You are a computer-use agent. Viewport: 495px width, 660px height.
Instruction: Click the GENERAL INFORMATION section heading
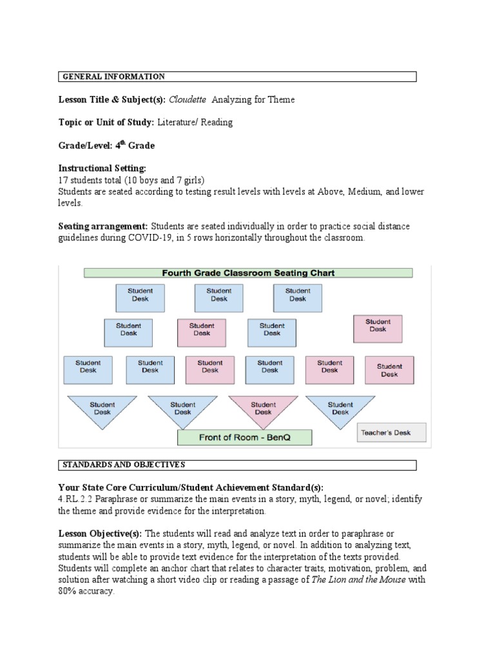[x=113, y=77]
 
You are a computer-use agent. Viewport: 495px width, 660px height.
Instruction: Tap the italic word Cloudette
[x=188, y=99]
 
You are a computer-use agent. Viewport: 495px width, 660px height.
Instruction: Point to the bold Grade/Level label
[x=106, y=145]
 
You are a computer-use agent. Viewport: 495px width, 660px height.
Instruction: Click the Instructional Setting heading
[x=102, y=168]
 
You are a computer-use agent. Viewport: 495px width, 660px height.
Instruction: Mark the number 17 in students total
[x=63, y=180]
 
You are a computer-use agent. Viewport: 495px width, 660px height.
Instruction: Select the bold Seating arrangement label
[x=103, y=226]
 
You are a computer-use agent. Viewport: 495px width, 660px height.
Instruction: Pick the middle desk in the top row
[x=218, y=298]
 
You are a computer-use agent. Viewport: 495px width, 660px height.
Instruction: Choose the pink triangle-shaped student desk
[x=262, y=410]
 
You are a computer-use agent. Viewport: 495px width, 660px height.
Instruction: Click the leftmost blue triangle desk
[x=102, y=410]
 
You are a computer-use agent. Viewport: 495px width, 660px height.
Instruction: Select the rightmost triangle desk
[x=340, y=410]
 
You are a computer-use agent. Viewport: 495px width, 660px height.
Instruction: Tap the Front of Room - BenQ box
[x=244, y=438]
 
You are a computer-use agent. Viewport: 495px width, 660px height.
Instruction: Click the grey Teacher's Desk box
[x=391, y=432]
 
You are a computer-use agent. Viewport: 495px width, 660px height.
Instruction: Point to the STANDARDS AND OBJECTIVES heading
[x=123, y=465]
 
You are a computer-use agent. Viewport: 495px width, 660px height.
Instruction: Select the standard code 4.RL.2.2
[x=76, y=500]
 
